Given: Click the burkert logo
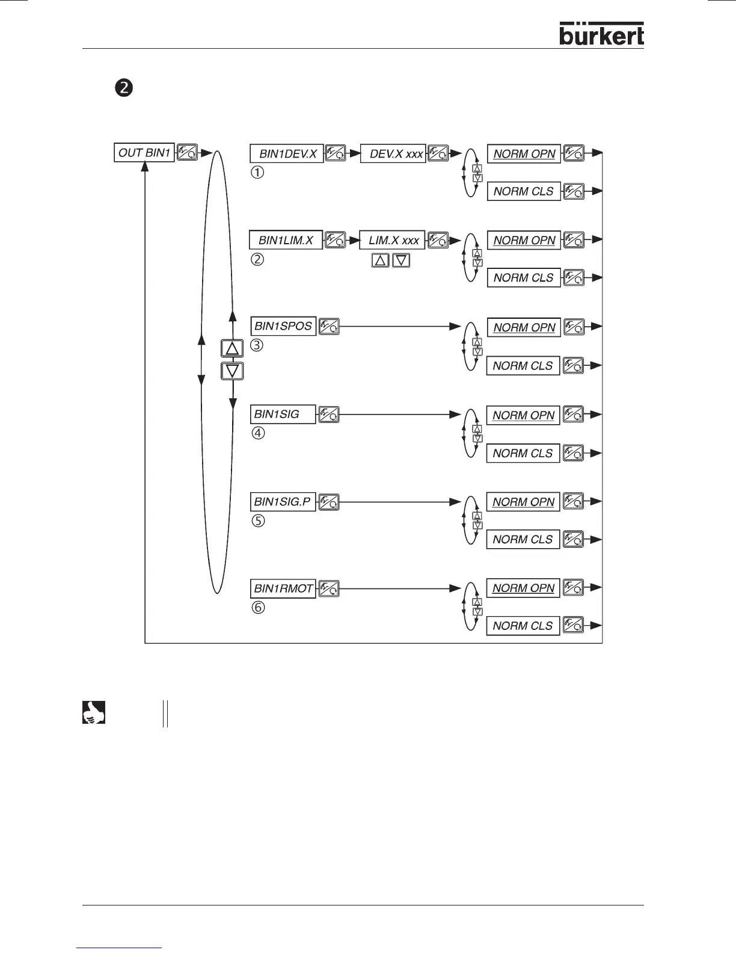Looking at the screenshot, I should pyautogui.click(x=601, y=34).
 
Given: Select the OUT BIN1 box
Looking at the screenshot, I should pyautogui.click(x=144, y=153).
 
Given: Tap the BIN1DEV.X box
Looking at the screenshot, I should pyautogui.click(x=287, y=154).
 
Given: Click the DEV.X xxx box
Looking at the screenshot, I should pyautogui.click(x=393, y=154).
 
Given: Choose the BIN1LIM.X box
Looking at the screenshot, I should pyautogui.click(x=286, y=240).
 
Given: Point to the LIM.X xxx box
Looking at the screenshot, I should pyautogui.click(x=392, y=240).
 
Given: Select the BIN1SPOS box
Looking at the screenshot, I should pyautogui.click(x=283, y=326).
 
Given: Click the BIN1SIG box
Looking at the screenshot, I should pyautogui.click(x=283, y=415).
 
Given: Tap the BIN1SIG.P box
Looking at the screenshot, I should pyautogui.click(x=283, y=502).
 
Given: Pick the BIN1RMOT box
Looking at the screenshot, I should pyautogui.click(x=283, y=588).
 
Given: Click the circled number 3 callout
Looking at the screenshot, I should pyautogui.click(x=257, y=346).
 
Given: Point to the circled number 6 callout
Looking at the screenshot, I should pyautogui.click(x=257, y=608).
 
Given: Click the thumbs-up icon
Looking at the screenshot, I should pyautogui.click(x=93, y=712).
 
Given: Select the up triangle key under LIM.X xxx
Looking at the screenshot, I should pyautogui.click(x=381, y=261).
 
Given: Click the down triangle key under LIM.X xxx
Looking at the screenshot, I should pyautogui.click(x=401, y=261).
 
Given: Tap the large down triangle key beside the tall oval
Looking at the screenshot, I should pyautogui.click(x=232, y=371).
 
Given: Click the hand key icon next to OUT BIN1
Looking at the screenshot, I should pyautogui.click(x=188, y=152).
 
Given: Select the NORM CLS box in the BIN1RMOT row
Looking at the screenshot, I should pyautogui.click(x=523, y=626).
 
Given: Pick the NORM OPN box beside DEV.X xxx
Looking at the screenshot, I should pyautogui.click(x=524, y=154).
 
